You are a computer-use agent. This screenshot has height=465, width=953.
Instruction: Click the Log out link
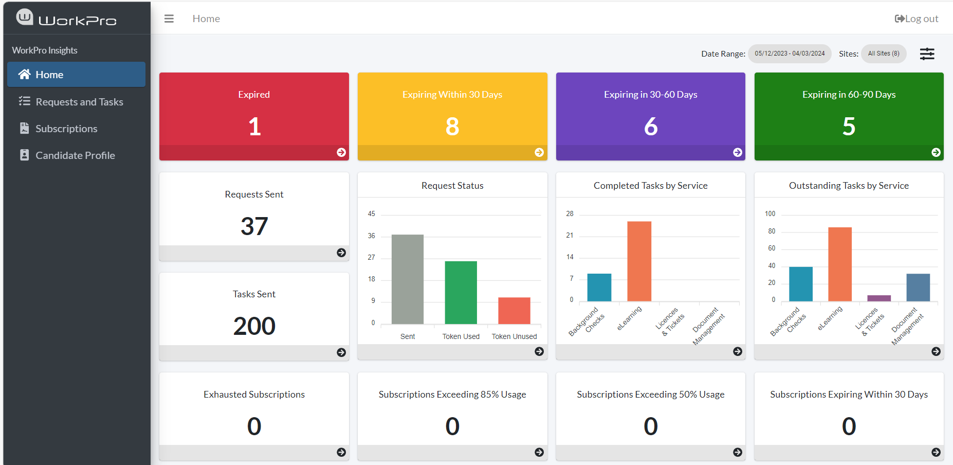tap(917, 19)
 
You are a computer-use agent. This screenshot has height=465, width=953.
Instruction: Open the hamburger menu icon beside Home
tap(169, 19)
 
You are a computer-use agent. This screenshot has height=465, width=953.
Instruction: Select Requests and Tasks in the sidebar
tap(79, 102)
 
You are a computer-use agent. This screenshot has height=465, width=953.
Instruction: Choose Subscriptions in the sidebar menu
tap(66, 129)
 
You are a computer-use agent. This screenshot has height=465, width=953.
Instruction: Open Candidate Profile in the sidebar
tap(75, 155)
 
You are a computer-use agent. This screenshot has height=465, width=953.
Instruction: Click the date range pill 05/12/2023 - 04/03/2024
tap(790, 53)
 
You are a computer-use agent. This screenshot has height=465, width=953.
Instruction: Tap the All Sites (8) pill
tap(884, 53)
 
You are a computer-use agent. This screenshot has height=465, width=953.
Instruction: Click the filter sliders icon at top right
tap(927, 53)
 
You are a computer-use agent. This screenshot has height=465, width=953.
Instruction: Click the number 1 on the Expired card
tap(254, 127)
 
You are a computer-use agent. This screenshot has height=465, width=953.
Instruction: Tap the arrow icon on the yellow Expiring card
tap(539, 152)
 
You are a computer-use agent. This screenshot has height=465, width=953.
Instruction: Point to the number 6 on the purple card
tap(651, 127)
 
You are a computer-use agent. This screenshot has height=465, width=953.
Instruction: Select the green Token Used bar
tap(461, 293)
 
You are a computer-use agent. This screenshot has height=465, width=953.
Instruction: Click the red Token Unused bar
tap(514, 311)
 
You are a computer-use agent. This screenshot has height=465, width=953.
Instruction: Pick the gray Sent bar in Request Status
tap(408, 279)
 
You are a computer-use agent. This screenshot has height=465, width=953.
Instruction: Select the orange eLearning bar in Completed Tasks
tap(639, 261)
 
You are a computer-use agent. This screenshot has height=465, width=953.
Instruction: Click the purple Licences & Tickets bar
tap(879, 298)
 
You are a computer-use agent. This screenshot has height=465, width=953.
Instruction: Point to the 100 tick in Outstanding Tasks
tap(770, 213)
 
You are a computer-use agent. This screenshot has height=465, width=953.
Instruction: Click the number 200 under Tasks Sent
tap(254, 326)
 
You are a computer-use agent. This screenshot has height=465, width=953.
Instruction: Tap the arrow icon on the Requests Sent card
tap(341, 253)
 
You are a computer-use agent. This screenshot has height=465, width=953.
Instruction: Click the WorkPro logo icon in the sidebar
tap(25, 17)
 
